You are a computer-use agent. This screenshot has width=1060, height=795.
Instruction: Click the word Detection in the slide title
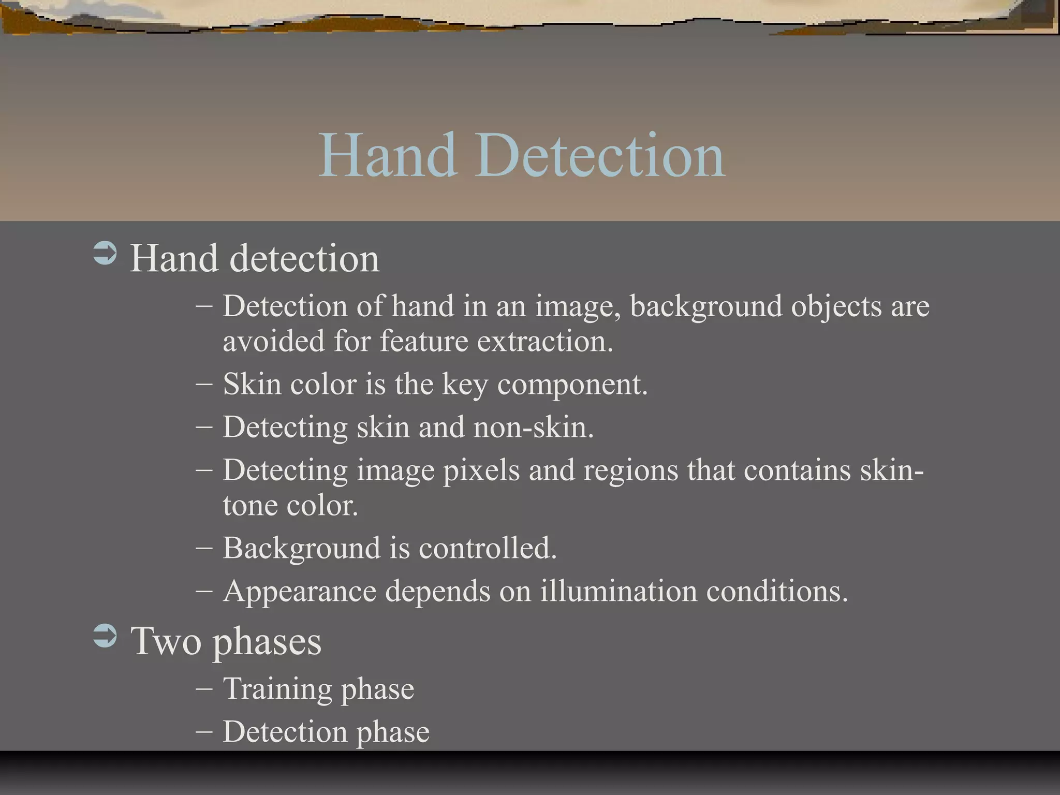(x=600, y=155)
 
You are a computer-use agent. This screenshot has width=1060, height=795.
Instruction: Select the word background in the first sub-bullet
(x=705, y=306)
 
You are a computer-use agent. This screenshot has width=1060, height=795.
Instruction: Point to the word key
(x=465, y=385)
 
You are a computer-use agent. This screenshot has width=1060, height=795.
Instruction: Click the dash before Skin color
(x=204, y=385)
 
